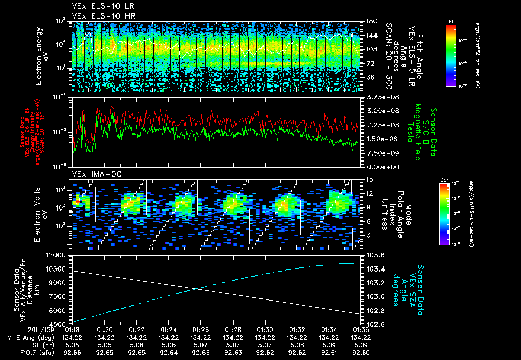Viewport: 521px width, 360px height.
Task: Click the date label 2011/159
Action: [19, 329]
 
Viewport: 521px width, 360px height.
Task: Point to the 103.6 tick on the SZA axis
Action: [373, 255]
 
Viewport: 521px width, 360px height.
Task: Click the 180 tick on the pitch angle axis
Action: [369, 21]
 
